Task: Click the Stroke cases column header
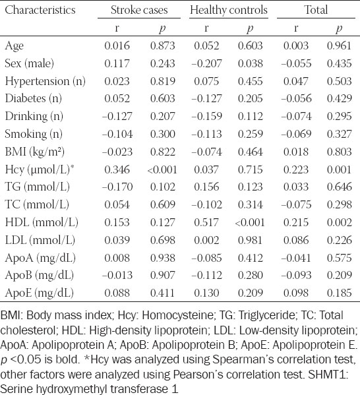(139, 10)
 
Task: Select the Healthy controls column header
(229, 11)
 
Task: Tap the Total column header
(316, 10)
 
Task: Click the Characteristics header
(40, 10)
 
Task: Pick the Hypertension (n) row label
(45, 81)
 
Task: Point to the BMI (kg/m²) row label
(35, 152)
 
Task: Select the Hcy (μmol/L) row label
(40, 169)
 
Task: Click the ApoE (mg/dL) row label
(40, 293)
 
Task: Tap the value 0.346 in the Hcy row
(117, 169)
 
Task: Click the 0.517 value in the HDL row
(206, 222)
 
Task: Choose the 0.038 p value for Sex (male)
(250, 63)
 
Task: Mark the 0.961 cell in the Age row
(339, 46)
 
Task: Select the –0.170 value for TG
(117, 187)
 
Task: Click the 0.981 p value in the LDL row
(250, 240)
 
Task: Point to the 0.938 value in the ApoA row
(162, 258)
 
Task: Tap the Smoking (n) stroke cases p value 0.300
(162, 134)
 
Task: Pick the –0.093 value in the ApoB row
(296, 275)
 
